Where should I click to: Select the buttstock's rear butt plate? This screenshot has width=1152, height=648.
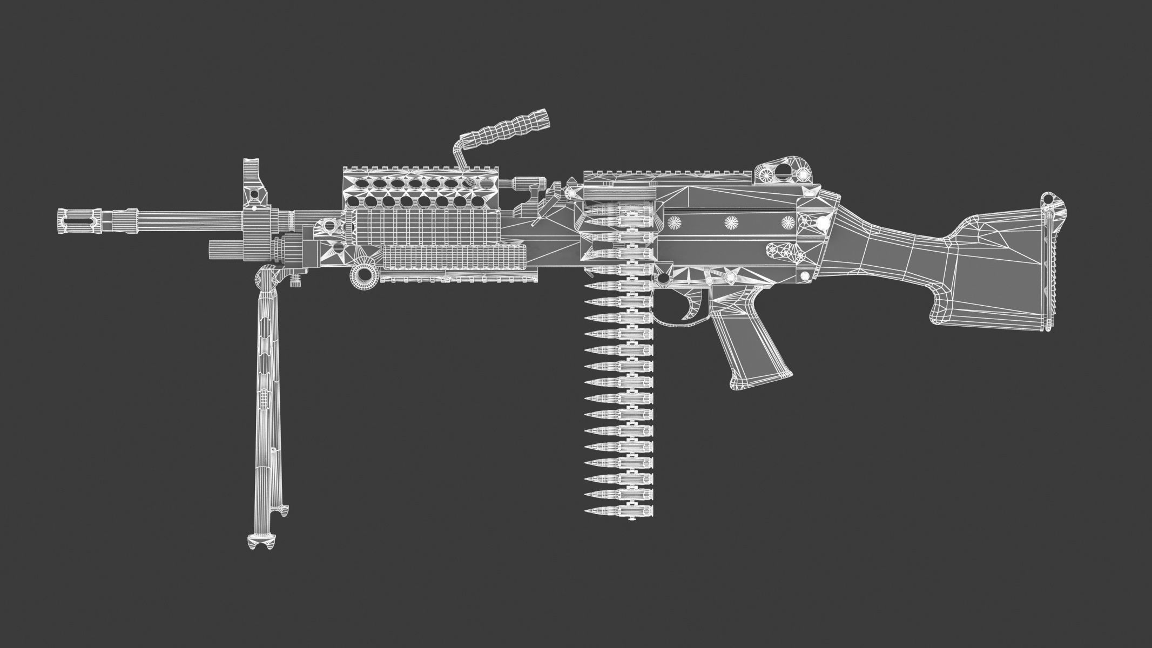tap(1048, 265)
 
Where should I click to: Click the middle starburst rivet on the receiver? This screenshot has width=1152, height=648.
tap(733, 221)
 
